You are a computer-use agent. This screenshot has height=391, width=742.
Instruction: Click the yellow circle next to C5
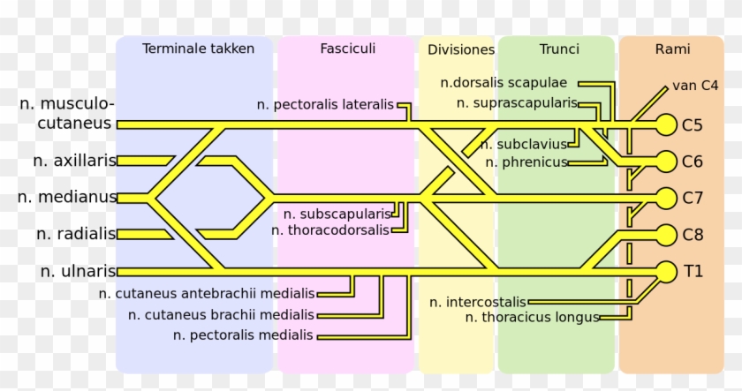click(665, 125)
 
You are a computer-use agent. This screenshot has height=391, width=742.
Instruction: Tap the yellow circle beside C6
click(665, 161)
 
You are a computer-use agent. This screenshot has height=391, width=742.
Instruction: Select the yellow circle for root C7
click(665, 198)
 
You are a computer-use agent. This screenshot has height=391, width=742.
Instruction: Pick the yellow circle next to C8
click(665, 235)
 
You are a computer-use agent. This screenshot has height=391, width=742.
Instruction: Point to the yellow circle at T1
click(665, 271)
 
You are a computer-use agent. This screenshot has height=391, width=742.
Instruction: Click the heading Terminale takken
click(198, 49)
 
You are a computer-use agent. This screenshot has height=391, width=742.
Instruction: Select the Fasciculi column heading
click(347, 49)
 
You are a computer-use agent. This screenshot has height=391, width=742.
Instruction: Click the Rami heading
click(672, 49)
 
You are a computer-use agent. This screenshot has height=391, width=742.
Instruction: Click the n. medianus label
click(67, 197)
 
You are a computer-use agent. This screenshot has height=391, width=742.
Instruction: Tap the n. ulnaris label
click(78, 271)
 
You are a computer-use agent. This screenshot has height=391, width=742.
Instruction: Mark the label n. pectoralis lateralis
click(325, 104)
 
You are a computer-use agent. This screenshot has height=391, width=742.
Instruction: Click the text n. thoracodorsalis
click(329, 230)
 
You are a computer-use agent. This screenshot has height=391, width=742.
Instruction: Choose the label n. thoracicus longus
click(533, 317)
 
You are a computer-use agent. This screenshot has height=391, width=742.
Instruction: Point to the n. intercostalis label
click(478, 302)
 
